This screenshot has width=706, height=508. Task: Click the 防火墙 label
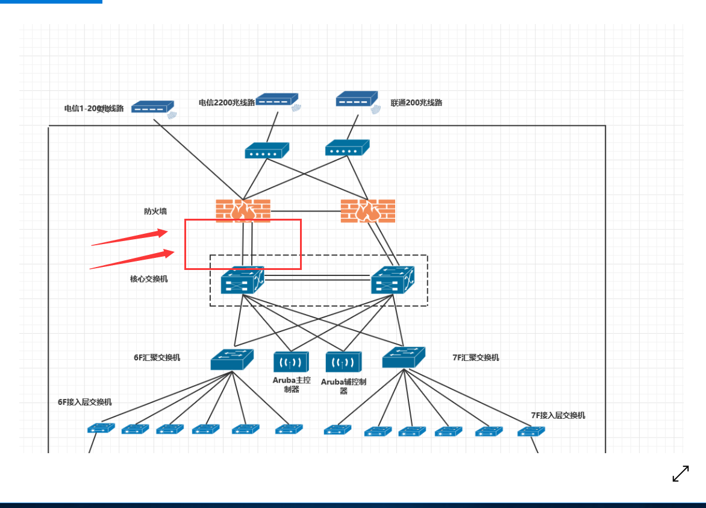click(x=155, y=212)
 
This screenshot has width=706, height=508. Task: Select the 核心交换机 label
click(x=149, y=279)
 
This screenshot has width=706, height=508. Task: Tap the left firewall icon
click(x=243, y=211)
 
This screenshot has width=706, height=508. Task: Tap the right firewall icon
click(x=368, y=211)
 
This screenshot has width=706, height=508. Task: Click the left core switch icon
click(x=242, y=280)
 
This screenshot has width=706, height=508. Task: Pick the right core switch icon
click(x=393, y=280)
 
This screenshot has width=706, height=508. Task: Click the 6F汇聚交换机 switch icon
click(x=232, y=360)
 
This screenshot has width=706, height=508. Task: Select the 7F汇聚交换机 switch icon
click(x=404, y=358)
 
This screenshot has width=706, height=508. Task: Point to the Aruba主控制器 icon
click(x=291, y=362)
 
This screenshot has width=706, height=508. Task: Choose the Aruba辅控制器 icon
click(x=343, y=362)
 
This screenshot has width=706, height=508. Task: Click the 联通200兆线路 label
click(x=416, y=103)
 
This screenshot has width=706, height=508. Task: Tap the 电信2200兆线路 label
click(x=226, y=103)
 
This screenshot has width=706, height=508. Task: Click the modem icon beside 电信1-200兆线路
click(x=153, y=107)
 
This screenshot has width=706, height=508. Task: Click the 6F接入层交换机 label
click(x=84, y=402)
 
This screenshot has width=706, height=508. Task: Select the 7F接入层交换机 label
click(x=558, y=415)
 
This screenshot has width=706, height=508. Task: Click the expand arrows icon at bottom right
click(x=681, y=474)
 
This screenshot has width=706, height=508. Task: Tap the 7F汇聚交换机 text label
click(x=476, y=357)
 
